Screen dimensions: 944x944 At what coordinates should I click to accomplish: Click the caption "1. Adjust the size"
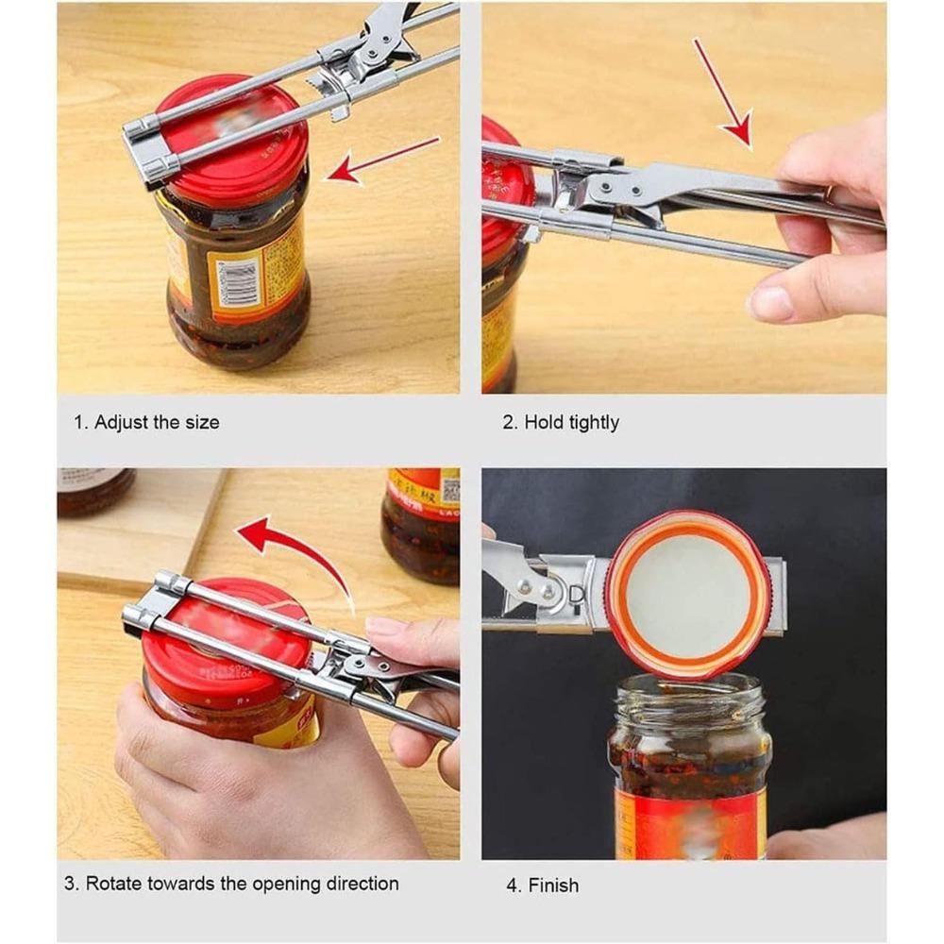tap(146, 422)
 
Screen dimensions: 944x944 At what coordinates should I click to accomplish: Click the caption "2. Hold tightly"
tap(560, 422)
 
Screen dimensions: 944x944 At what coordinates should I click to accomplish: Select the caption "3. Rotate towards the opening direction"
tap(231, 884)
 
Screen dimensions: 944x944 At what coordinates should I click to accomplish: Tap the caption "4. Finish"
tap(541, 885)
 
